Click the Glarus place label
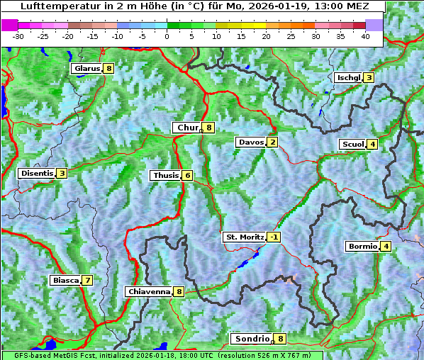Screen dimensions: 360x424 coord(86,69)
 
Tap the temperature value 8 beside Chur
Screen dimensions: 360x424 coord(209,128)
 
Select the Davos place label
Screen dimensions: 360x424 coord(250,142)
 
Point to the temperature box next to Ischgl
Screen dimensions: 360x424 coord(369,77)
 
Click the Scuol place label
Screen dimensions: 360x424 coord(352,145)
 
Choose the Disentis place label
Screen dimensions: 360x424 coord(37,173)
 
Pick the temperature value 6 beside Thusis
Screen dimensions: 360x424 coord(186,175)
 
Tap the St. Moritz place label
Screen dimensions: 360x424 coord(244,237)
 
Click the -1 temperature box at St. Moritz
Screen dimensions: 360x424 coord(274,237)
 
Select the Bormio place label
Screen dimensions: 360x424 coord(362,247)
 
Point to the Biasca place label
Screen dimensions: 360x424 coord(65,280)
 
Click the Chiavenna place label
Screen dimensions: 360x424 coord(149,291)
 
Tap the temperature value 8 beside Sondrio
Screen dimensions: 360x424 coord(281,339)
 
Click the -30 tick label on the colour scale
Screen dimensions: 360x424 coord(18,35)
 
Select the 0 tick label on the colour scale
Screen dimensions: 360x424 coord(167,35)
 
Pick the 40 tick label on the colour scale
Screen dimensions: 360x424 coord(365,35)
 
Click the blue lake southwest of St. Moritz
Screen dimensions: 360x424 coord(243,264)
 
